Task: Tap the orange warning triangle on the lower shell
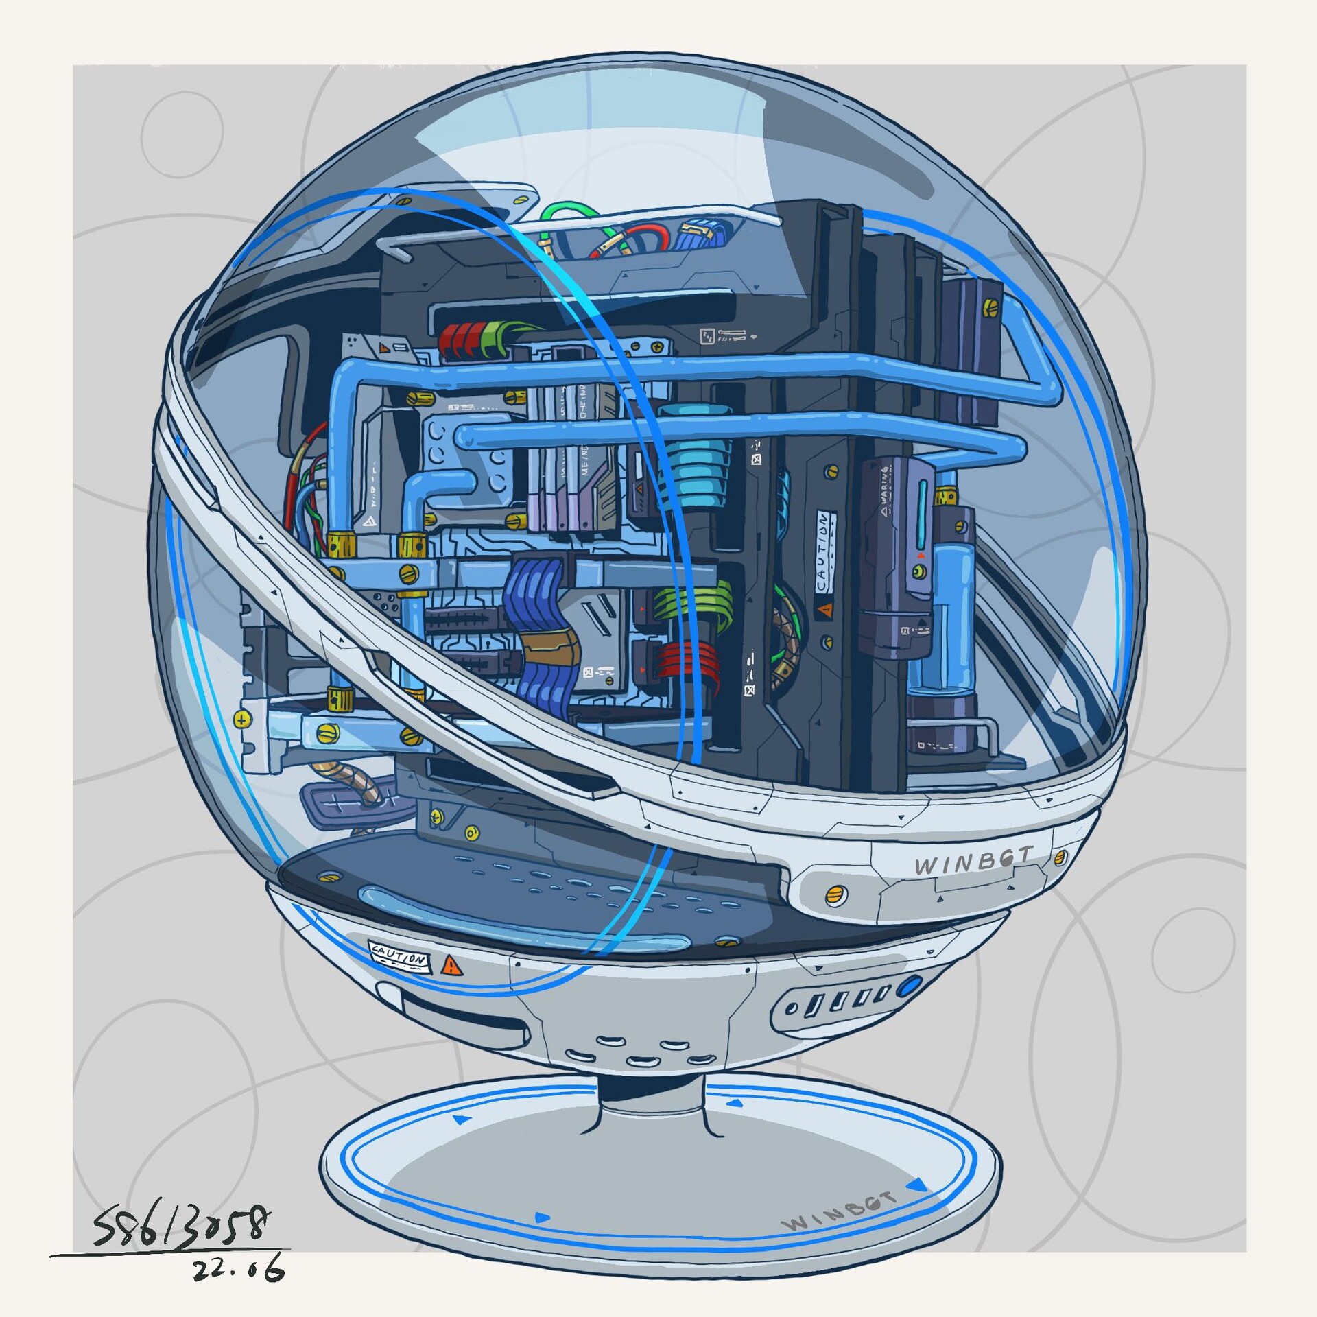(451, 966)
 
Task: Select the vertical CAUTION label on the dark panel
(822, 553)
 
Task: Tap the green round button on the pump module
(917, 571)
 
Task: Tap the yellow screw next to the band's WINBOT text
(1060, 857)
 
